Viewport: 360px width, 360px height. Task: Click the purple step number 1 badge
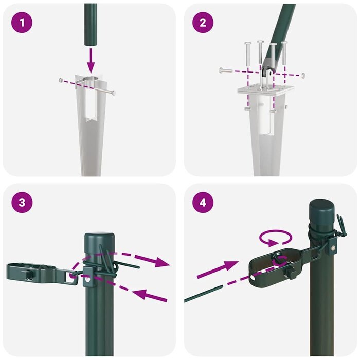point(21,22)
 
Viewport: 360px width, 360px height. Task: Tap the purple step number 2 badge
point(203,22)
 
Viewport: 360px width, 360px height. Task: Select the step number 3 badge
point(21,202)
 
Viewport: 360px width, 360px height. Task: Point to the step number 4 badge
point(203,202)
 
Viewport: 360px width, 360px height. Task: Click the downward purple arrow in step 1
point(91,61)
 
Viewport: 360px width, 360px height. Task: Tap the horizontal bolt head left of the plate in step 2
point(222,69)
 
